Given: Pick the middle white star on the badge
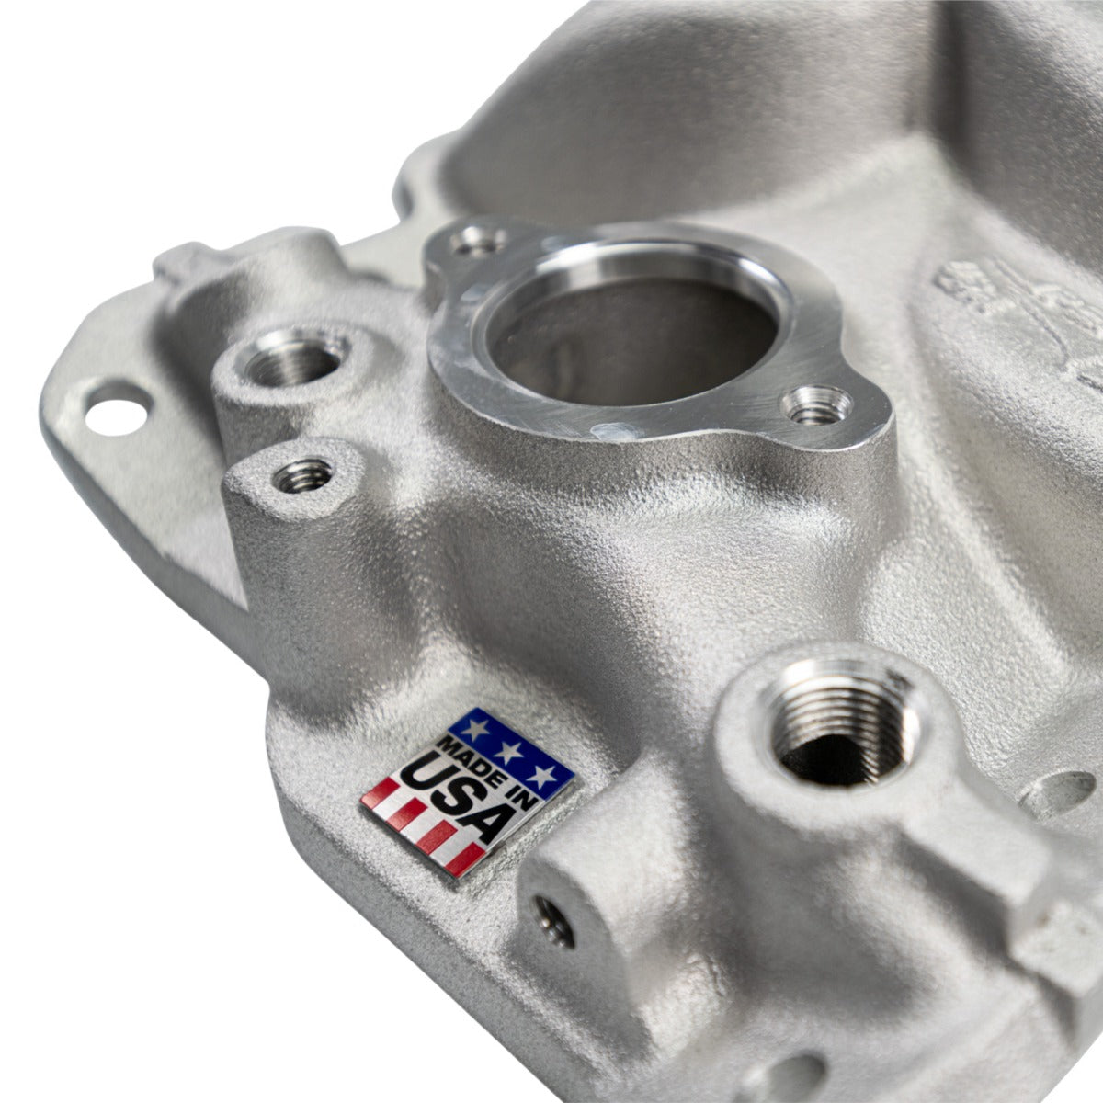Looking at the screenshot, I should (510, 750).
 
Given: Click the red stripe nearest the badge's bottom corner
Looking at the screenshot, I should (464, 861).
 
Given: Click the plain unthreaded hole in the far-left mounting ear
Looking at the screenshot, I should (117, 409).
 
